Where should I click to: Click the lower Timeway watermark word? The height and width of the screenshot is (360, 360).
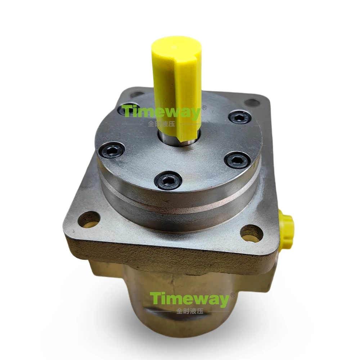pos(189,300)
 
